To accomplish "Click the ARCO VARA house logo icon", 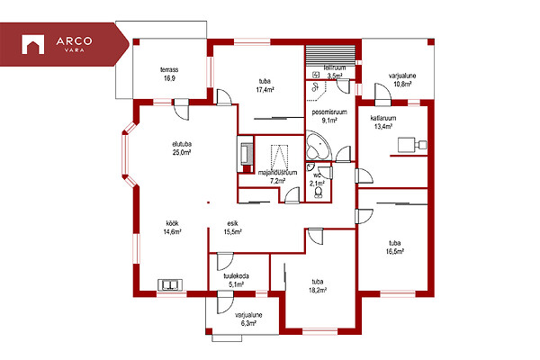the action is click(x=32, y=44).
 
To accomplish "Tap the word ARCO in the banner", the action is click(x=74, y=41).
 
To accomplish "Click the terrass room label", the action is click(x=169, y=74).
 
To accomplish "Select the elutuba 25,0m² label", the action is click(x=182, y=148).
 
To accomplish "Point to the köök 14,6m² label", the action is click(x=172, y=228).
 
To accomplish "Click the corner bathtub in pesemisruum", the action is click(x=319, y=146).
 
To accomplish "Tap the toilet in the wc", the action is click(x=319, y=193).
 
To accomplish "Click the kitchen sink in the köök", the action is click(x=170, y=285).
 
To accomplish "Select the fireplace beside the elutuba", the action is click(x=246, y=154).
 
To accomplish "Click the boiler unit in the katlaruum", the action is click(x=412, y=145).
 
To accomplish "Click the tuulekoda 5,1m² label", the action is click(x=236, y=280).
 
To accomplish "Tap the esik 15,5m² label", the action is click(x=232, y=228).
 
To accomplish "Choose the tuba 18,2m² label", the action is click(x=318, y=286).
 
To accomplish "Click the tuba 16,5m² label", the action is click(x=395, y=247).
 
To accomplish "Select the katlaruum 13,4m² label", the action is click(x=383, y=122).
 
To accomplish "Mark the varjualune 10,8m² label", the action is click(x=402, y=79).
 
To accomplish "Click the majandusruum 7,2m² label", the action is click(x=277, y=176).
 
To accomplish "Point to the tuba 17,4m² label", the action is click(x=265, y=85).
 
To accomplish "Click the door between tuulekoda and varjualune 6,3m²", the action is click(x=225, y=302).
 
